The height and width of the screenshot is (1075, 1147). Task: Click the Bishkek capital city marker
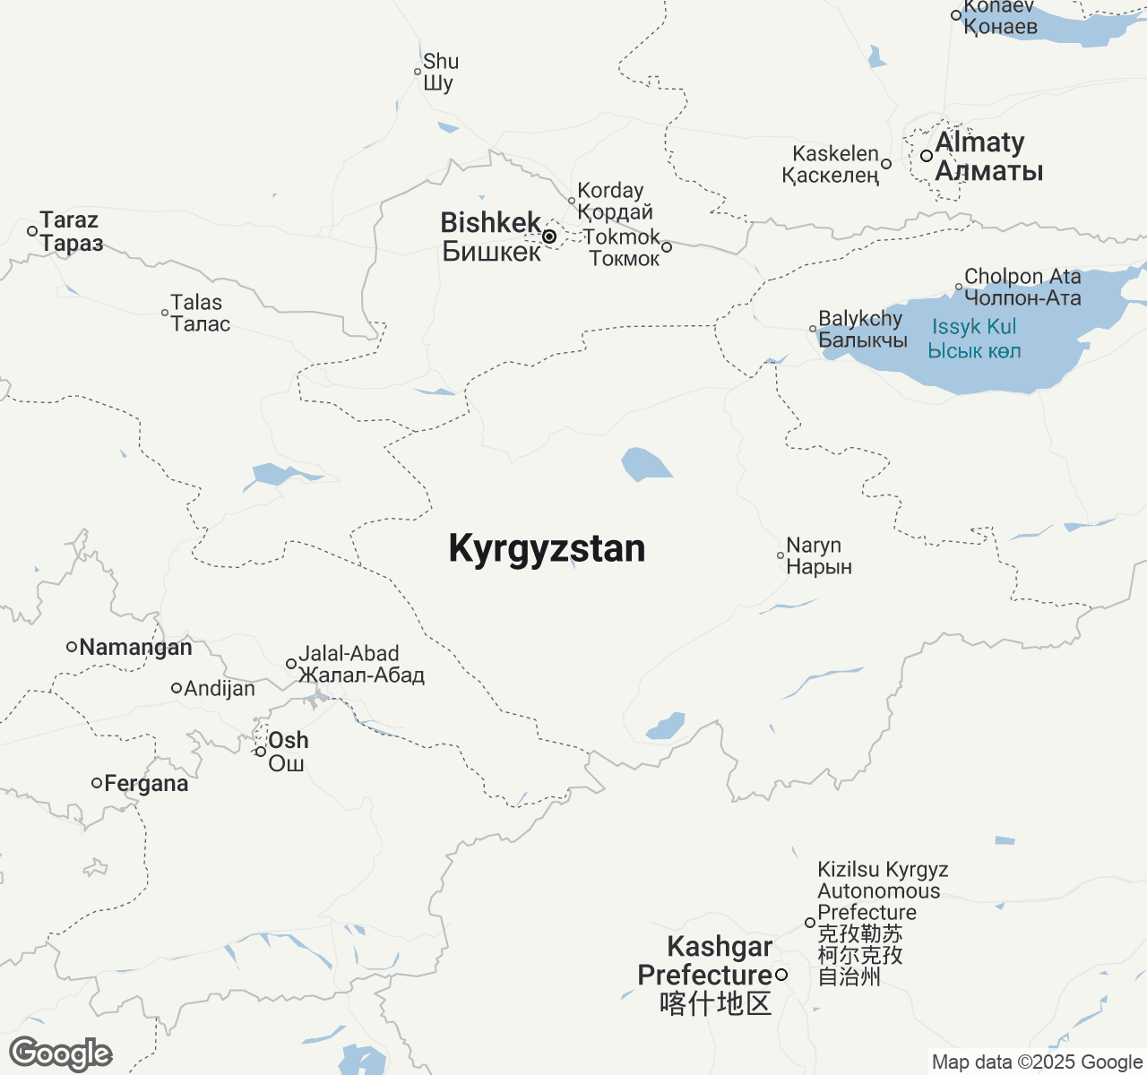coord(549,236)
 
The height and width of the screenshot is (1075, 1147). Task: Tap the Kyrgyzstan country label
coord(547,548)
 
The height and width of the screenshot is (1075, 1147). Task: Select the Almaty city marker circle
coord(927,156)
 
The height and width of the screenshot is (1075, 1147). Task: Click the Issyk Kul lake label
coord(974,339)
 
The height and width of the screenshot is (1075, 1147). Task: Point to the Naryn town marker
coord(780,555)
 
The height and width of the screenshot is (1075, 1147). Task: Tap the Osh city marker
coord(261,752)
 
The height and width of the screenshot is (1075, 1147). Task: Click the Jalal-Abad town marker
coord(291,664)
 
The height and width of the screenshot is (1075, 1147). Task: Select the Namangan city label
coord(135,647)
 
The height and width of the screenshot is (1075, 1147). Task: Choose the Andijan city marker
coord(177,688)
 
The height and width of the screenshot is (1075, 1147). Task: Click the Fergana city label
coord(146,784)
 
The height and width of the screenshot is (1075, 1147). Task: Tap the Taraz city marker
coord(32,231)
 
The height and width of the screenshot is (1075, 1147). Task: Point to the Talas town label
coord(200,314)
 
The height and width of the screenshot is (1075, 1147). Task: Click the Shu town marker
coord(418,72)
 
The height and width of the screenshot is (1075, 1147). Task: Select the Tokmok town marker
coord(667,247)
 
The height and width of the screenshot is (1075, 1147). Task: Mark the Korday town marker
coord(572,201)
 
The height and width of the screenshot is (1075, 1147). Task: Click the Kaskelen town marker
coord(886,164)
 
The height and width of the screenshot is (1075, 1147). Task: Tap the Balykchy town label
coord(862,329)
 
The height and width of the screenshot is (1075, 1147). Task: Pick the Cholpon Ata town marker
coord(959,288)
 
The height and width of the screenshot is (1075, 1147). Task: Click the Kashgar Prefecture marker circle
coord(781,975)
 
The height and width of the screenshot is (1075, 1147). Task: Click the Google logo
coord(61,1053)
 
